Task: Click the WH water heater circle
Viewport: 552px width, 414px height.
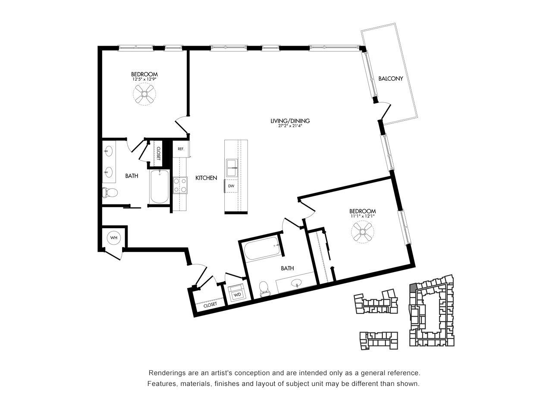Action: click(114, 238)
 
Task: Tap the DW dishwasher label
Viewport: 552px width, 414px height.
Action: click(231, 186)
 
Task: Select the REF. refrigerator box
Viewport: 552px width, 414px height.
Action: click(181, 149)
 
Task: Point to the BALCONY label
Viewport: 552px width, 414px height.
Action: click(391, 78)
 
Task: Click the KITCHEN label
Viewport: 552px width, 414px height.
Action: click(206, 178)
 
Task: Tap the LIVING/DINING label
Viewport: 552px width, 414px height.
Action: click(290, 121)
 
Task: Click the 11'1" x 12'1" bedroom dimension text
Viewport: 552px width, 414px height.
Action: click(362, 216)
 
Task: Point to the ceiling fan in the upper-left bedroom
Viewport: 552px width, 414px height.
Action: click(144, 94)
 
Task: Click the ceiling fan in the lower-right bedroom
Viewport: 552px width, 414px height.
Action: click(362, 232)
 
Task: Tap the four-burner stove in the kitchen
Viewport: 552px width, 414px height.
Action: click(180, 185)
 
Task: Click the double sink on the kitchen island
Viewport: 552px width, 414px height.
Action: click(232, 168)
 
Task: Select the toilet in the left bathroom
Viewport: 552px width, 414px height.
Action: click(110, 193)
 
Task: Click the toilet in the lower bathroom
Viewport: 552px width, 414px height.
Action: click(264, 289)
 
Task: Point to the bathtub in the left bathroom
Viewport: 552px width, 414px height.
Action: click(160, 186)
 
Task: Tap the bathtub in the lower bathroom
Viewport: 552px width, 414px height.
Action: click(262, 248)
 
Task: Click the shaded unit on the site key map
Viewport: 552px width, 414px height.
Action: click(413, 288)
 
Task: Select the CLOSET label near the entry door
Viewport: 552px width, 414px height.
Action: click(210, 304)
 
